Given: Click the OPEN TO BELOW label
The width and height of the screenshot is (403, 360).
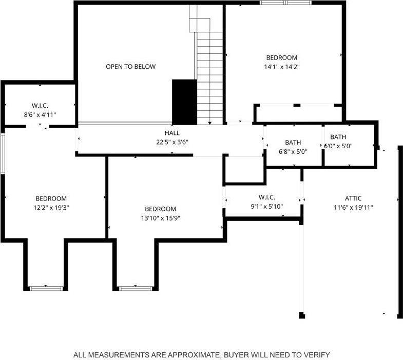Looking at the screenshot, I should [130, 67].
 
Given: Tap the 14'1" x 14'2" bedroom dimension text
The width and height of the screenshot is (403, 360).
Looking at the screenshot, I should [281, 66].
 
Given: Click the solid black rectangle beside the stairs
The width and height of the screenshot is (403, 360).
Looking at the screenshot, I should [184, 102].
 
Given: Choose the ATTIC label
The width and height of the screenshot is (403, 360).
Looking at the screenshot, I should [353, 198].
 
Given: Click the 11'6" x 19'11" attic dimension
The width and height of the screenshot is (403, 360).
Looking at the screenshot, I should [353, 208].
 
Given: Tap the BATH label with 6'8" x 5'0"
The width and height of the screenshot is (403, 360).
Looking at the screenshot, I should [293, 143].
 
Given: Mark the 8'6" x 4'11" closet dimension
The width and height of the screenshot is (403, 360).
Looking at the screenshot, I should [40, 115].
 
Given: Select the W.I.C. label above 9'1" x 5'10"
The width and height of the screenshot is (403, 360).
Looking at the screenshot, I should [267, 197].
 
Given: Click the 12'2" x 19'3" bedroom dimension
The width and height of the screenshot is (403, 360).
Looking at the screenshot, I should [51, 208].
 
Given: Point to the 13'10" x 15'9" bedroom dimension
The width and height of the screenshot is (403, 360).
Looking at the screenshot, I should [160, 218].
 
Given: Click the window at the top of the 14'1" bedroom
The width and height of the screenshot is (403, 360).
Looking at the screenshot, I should [285, 3].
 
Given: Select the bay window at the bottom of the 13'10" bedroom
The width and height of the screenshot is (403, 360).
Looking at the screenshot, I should [135, 288].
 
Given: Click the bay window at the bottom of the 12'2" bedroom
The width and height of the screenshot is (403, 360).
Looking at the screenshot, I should [46, 288].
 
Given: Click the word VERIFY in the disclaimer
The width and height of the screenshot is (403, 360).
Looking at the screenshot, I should [317, 354].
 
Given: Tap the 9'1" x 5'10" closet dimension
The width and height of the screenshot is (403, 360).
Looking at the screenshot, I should [267, 207].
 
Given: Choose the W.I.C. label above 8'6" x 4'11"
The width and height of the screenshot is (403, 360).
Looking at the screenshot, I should [40, 106].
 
